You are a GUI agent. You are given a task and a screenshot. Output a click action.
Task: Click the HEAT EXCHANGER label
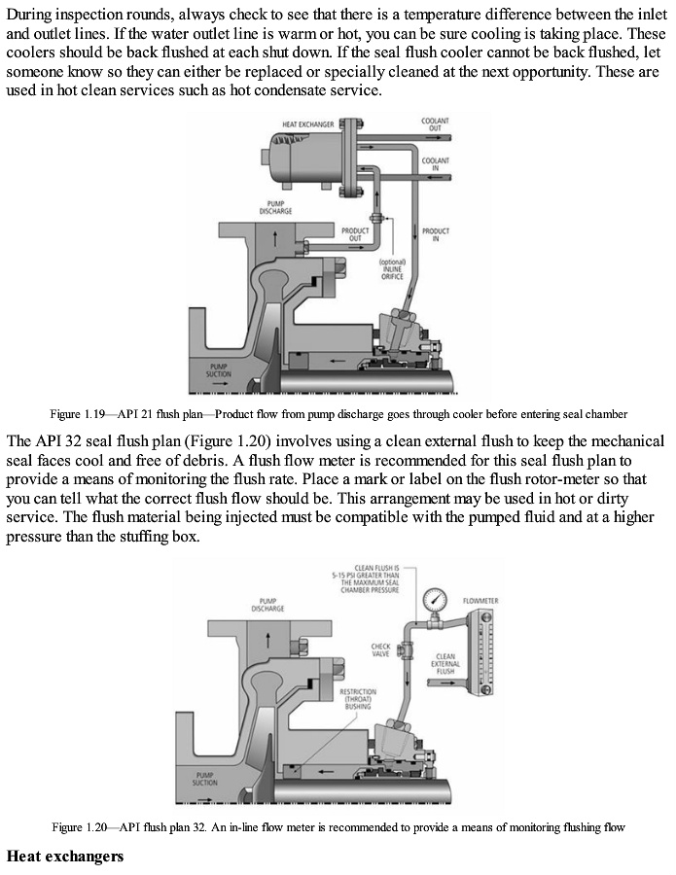307,124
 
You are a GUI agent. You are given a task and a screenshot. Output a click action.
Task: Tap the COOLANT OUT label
435,124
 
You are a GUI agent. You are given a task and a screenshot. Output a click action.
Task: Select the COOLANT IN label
435,163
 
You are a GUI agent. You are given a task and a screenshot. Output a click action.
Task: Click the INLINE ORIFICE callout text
392,268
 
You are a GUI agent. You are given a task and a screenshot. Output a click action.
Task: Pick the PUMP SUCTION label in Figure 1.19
217,372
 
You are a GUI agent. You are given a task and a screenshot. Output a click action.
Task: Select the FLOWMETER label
480,601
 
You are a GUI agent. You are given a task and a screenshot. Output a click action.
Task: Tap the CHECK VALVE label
380,649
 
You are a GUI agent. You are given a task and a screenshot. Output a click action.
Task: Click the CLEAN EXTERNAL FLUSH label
445,663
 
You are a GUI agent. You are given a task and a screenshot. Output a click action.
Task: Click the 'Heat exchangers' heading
63,857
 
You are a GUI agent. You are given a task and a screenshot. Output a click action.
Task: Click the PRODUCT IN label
435,234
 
